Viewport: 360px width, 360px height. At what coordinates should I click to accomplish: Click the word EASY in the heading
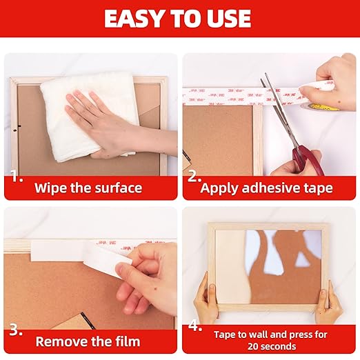click(x=134, y=19)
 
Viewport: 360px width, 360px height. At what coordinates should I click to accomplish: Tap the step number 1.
click(x=14, y=177)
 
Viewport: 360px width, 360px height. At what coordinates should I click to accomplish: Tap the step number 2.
click(x=194, y=177)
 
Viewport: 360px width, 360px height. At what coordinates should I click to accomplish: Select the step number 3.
click(x=14, y=331)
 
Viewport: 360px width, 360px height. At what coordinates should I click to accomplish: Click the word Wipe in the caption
click(x=50, y=188)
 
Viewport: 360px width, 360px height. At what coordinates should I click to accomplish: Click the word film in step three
click(x=126, y=341)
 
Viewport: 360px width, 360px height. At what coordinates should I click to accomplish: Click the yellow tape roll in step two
click(x=319, y=106)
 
